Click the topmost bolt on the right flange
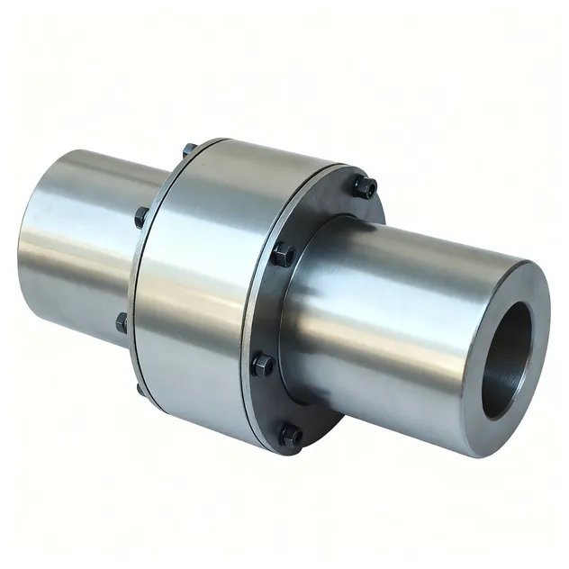pyautogui.click(x=365, y=188)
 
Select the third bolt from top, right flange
pyautogui.click(x=263, y=364)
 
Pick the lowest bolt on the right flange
pyautogui.click(x=290, y=436)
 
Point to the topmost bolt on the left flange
pyautogui.click(x=190, y=149)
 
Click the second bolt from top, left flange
pyautogui.click(x=141, y=217)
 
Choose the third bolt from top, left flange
pyautogui.click(x=122, y=321)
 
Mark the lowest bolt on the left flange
pyautogui.click(x=140, y=390)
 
